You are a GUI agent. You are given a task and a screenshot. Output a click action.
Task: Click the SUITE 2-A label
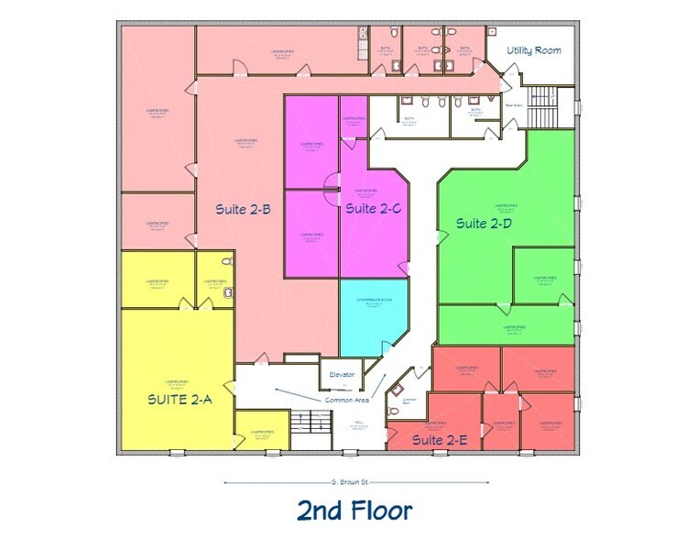coord(179,400)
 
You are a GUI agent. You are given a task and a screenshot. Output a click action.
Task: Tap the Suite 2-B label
coord(243,209)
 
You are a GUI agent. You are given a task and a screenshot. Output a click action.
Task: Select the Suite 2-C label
coord(373,209)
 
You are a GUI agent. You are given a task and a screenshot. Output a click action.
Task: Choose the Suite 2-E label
coord(440,441)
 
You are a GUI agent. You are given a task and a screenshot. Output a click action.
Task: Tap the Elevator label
coord(342,375)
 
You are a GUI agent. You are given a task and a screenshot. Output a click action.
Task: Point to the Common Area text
coord(347,400)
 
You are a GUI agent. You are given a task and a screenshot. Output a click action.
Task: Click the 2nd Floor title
coord(354,510)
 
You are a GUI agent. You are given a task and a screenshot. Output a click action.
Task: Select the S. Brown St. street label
coord(353,481)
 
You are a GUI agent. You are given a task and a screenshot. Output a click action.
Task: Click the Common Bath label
coord(409,401)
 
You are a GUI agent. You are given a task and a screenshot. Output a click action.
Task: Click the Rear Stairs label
coord(514,104)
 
